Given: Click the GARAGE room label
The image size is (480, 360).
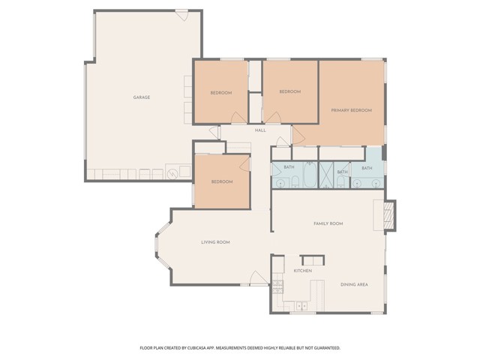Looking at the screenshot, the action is [142, 97].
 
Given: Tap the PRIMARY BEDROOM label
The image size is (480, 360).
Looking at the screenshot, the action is [352, 110].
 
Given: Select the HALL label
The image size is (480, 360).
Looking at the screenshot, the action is [260, 130].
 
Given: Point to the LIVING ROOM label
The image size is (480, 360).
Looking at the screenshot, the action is [215, 242].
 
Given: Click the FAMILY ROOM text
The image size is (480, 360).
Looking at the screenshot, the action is [328, 223].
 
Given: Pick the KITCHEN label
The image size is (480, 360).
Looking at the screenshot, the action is [303, 271].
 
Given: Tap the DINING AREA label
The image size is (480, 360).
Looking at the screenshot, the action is [354, 285].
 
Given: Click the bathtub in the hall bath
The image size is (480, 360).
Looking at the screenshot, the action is [310, 175].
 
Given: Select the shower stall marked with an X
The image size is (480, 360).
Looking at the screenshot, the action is [326, 175].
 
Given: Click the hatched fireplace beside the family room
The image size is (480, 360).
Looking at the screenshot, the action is [388, 215].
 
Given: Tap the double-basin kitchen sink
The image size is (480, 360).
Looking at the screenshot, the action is [301, 306].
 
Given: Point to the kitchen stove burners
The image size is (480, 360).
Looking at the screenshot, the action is [277, 286].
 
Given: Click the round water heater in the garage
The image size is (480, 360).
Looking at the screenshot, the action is [172, 174].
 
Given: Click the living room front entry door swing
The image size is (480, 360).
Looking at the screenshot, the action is [258, 278].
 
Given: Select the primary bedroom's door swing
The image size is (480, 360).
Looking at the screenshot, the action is [298, 135].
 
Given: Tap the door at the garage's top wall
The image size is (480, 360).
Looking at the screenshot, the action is [181, 15].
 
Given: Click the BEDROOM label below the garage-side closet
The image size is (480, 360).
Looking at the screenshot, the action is [222, 181].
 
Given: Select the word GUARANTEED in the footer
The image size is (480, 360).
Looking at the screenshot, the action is [328, 348].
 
